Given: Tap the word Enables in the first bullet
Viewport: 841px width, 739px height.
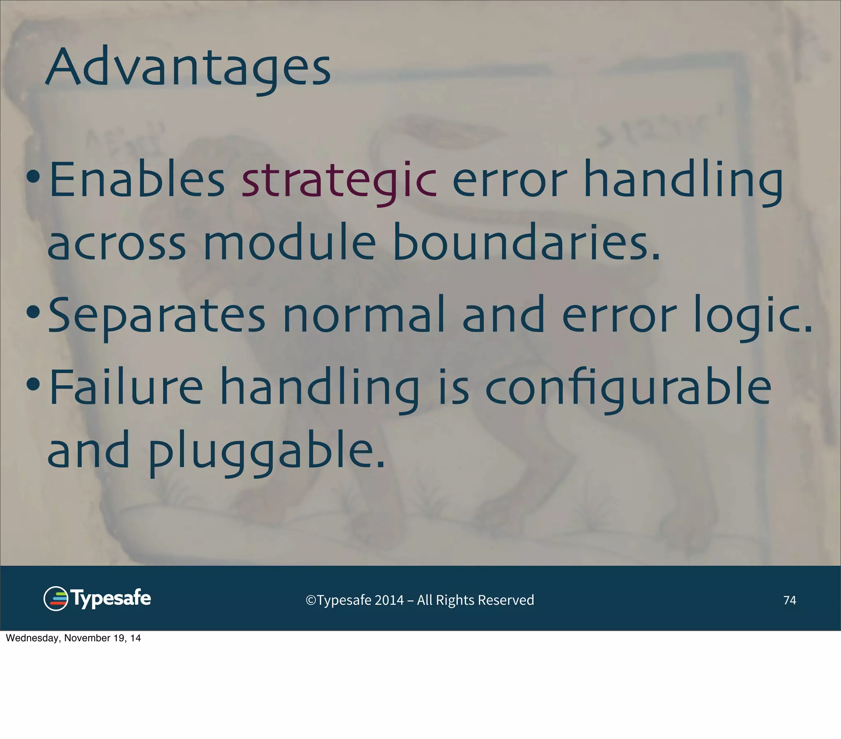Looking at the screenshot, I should tap(137, 180).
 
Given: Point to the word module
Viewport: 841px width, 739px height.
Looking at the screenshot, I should tap(289, 242).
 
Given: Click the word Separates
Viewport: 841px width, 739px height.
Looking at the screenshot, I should tap(157, 316).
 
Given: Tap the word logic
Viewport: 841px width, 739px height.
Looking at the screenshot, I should tap(753, 316).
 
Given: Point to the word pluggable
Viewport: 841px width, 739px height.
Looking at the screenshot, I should tap(265, 452).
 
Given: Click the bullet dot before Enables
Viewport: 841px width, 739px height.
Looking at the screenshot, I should tap(33, 177).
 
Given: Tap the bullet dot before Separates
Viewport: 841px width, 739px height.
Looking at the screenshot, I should tap(33, 312).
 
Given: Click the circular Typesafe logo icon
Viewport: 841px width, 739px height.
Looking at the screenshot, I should tap(55, 598).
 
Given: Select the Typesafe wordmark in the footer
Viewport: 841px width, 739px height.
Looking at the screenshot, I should tap(111, 598).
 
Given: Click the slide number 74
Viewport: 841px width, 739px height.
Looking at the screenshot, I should tap(789, 600).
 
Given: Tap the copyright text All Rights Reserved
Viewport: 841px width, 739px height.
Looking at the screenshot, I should tap(475, 600).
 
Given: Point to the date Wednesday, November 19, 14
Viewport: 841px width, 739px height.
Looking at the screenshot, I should tap(73, 638).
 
